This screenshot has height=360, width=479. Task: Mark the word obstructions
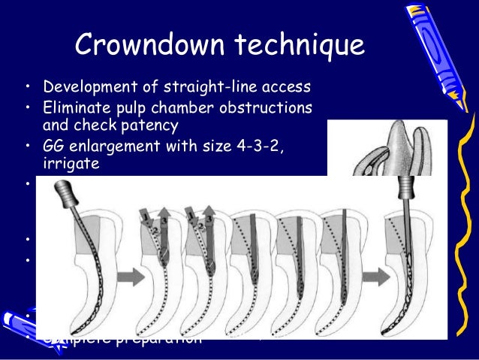264,103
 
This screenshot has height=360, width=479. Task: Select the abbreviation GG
53,145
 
